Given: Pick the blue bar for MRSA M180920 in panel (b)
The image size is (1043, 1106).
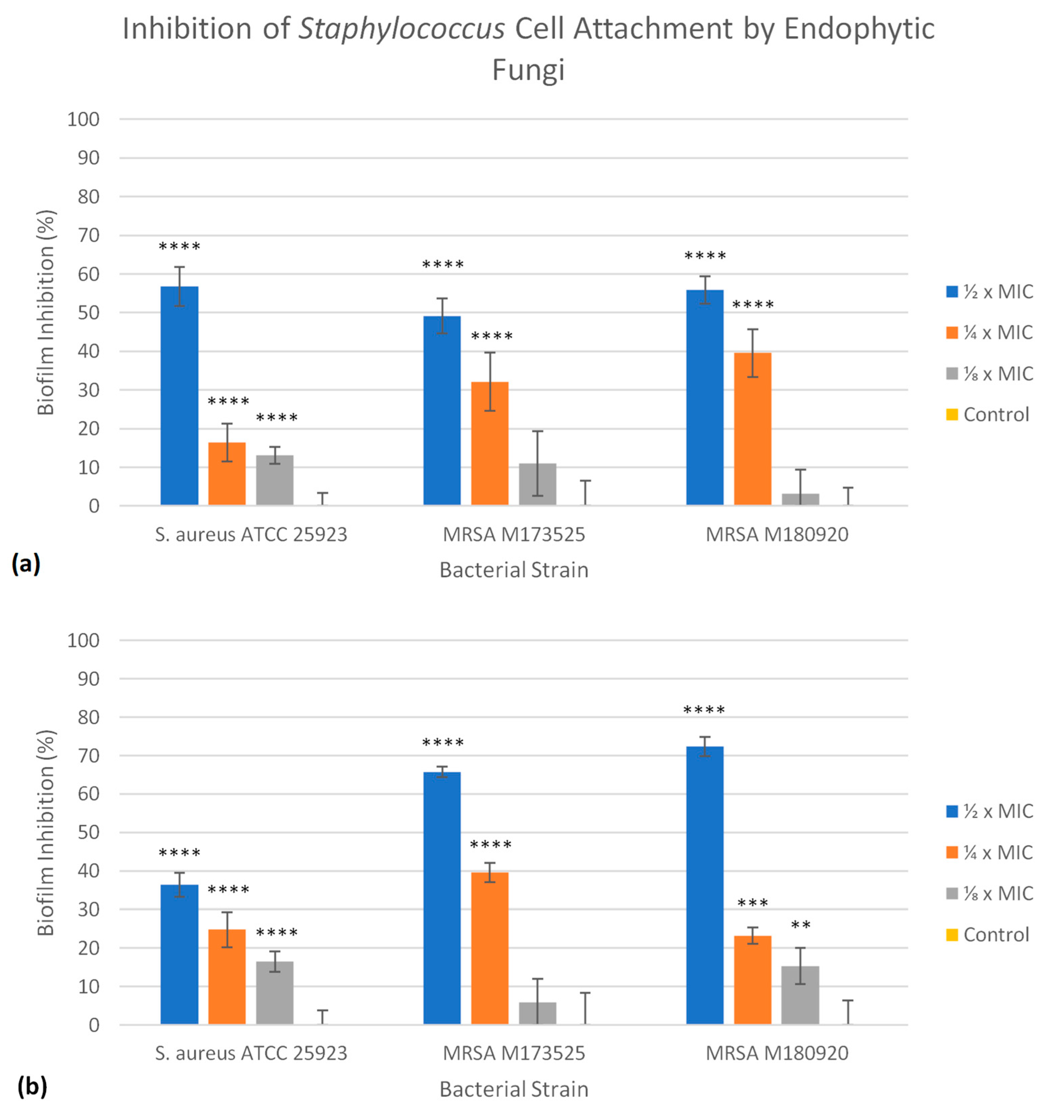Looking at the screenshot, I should [x=705, y=885].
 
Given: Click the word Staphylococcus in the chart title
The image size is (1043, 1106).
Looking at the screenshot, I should [x=401, y=29].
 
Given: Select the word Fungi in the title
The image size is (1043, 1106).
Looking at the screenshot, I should [x=528, y=70].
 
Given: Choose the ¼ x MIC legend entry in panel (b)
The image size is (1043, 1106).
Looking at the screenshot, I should [x=989, y=852].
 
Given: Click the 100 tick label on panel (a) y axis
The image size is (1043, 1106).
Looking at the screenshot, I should [x=83, y=119].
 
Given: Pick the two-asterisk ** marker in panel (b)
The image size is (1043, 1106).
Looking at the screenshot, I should [x=800, y=925].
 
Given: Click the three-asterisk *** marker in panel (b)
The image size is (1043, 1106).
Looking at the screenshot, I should [x=753, y=903].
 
